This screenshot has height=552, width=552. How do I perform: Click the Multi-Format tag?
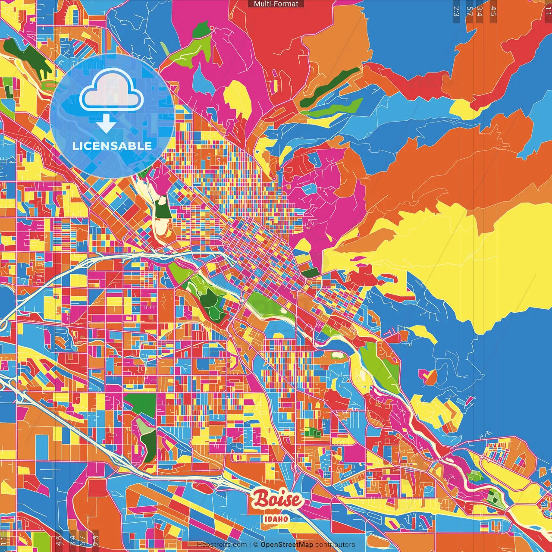(276, 4)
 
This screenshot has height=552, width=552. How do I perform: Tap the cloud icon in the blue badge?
(111, 92)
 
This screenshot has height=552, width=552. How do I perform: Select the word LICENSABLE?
(112, 146)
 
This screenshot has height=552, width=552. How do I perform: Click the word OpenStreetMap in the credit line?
(287, 545)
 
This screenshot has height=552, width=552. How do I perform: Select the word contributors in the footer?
(335, 545)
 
